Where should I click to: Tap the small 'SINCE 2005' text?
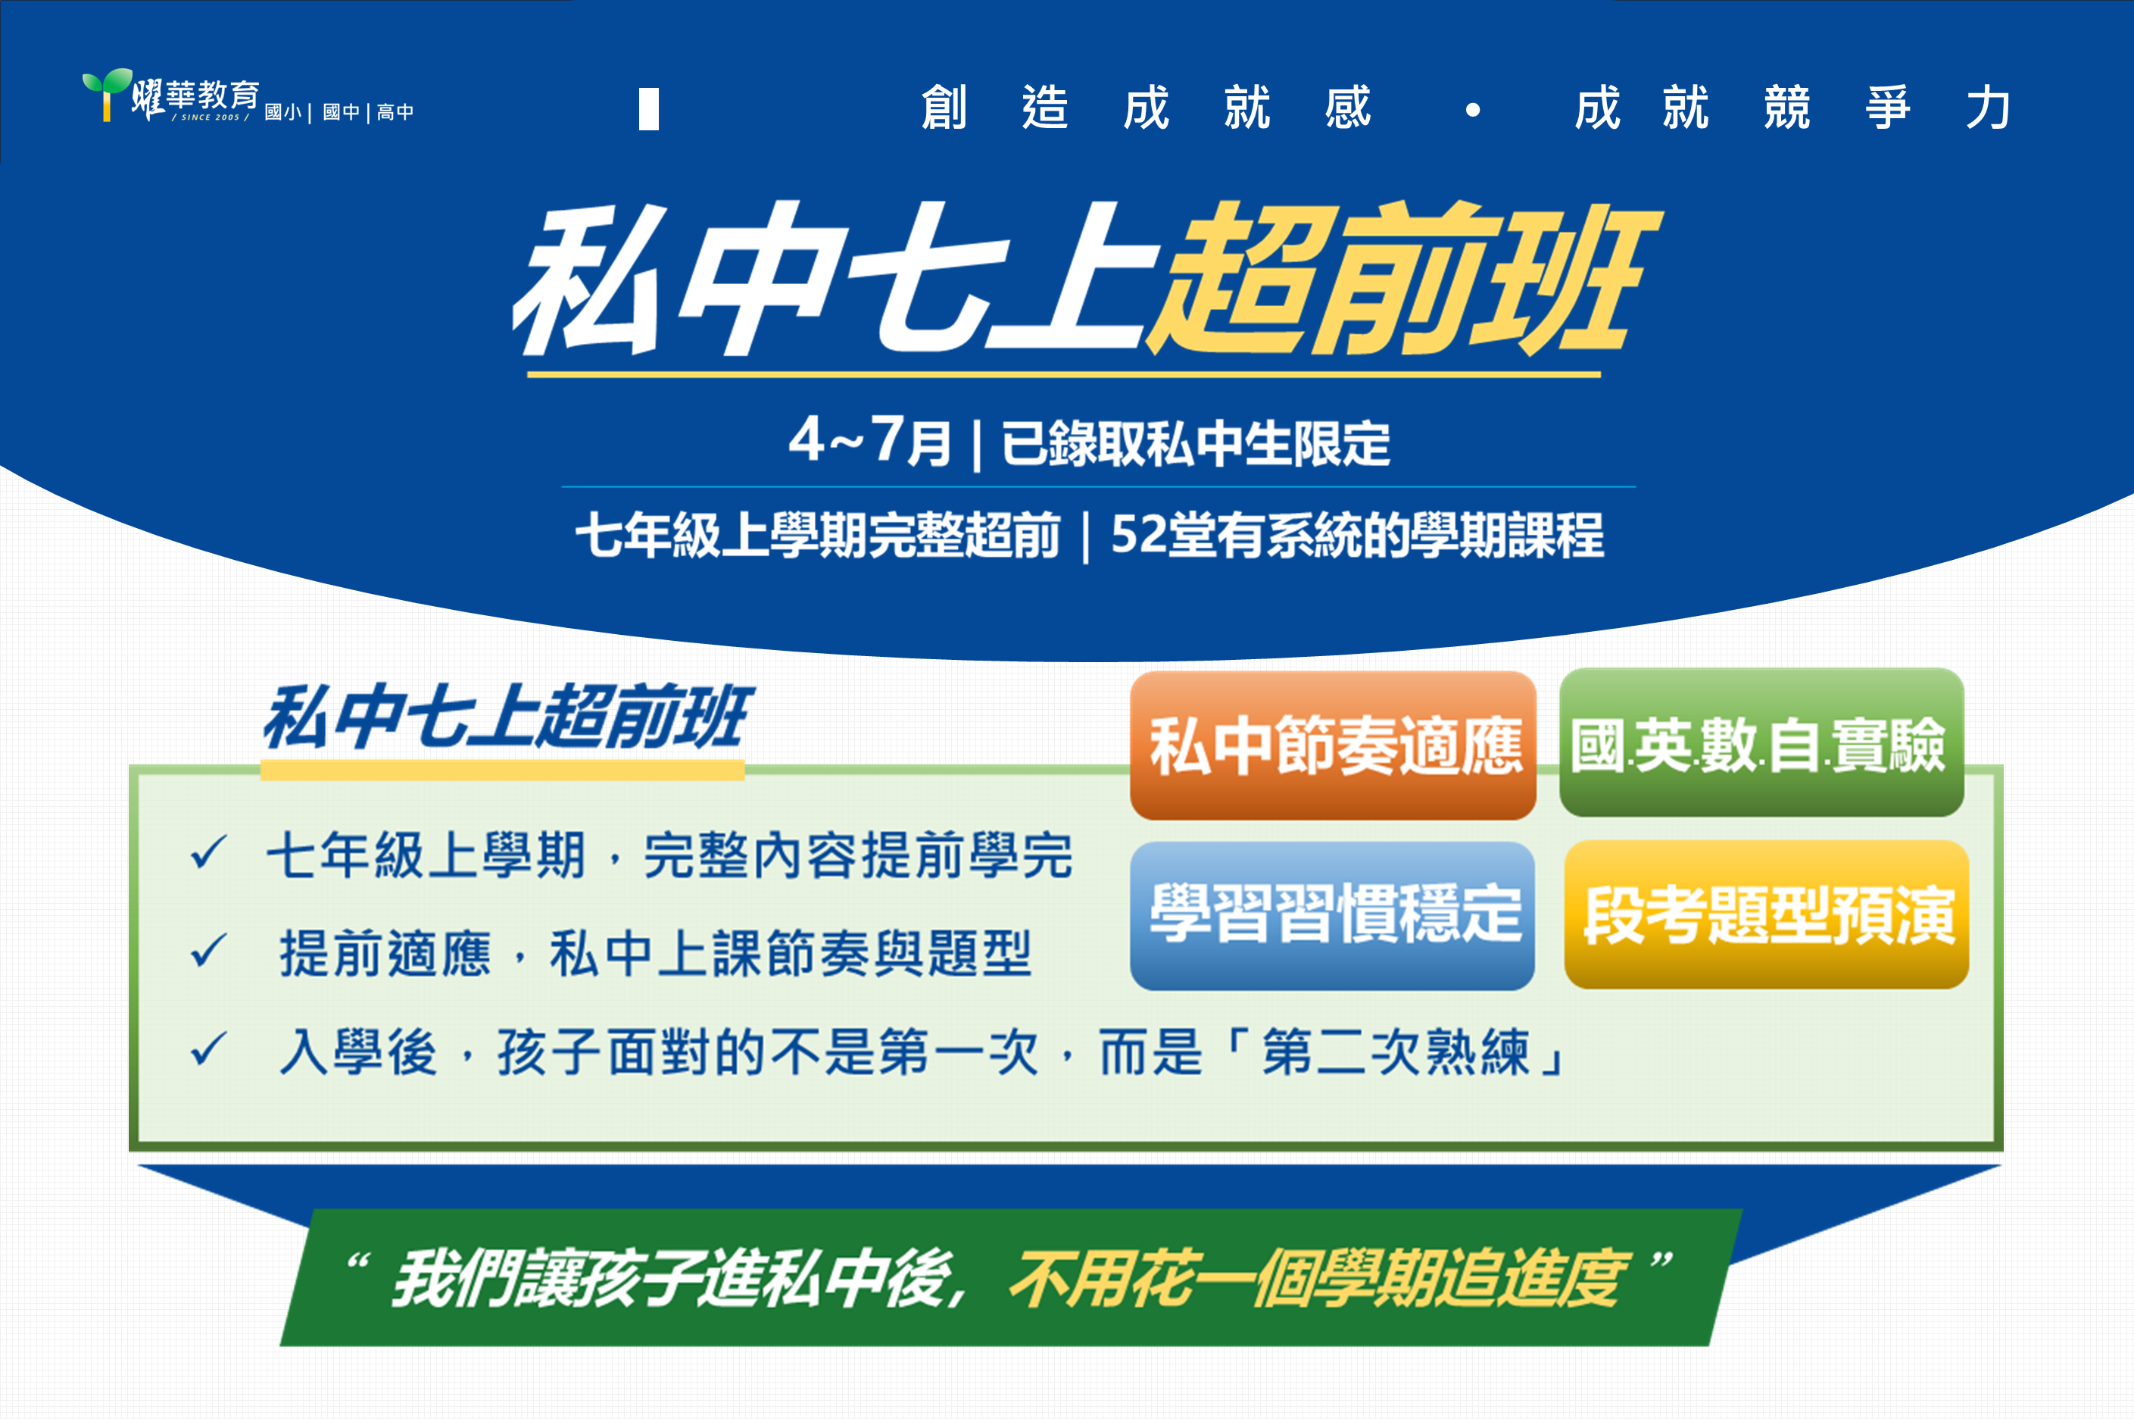point(210,117)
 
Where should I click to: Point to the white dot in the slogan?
point(1473,111)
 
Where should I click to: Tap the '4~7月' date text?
point(869,442)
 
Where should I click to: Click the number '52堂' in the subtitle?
point(1162,534)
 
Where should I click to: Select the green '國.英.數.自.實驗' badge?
point(1761,742)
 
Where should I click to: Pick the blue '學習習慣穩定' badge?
point(1333,915)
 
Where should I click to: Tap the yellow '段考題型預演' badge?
point(1767,914)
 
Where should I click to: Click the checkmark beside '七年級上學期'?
point(208,852)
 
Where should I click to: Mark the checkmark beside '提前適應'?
point(208,950)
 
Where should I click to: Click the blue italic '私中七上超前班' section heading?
point(507,717)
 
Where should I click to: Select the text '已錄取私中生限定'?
point(1195,443)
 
